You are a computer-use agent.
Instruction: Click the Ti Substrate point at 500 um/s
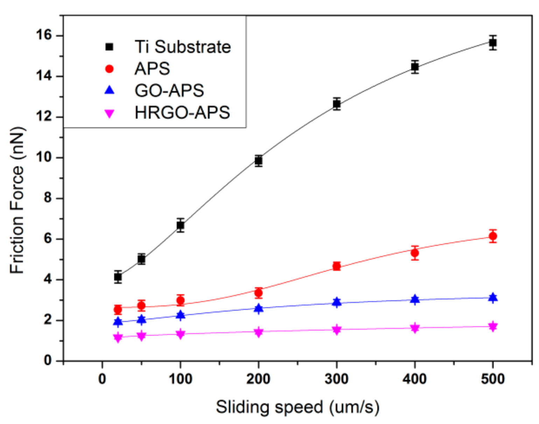pyautogui.click(x=493, y=43)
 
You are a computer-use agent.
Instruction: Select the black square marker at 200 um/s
pyautogui.click(x=259, y=161)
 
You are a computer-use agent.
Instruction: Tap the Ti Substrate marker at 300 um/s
pyautogui.click(x=337, y=104)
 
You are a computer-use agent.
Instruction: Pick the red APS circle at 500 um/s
pyautogui.click(x=493, y=236)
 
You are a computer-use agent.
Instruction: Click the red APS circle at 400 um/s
pyautogui.click(x=415, y=253)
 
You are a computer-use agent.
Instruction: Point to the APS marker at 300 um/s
pyautogui.click(x=337, y=266)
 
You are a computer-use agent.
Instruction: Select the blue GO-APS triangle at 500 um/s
pyautogui.click(x=493, y=298)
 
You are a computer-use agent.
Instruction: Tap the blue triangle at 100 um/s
pyautogui.click(x=181, y=315)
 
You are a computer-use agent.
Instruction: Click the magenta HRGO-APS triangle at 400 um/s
pyautogui.click(x=415, y=328)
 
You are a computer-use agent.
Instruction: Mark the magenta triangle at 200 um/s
pyautogui.click(x=259, y=332)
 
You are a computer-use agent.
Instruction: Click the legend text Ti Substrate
pyautogui.click(x=183, y=47)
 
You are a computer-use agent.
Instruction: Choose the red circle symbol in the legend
pyautogui.click(x=110, y=69)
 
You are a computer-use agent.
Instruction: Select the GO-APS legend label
pyautogui.click(x=169, y=91)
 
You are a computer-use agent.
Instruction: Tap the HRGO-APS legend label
pyautogui.click(x=182, y=113)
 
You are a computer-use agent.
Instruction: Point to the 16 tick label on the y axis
pyautogui.click(x=43, y=35)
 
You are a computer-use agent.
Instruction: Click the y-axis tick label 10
pyautogui.click(x=43, y=157)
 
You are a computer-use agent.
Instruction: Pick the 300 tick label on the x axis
pyautogui.click(x=336, y=379)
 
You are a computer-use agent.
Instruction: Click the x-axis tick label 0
pyautogui.click(x=102, y=379)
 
